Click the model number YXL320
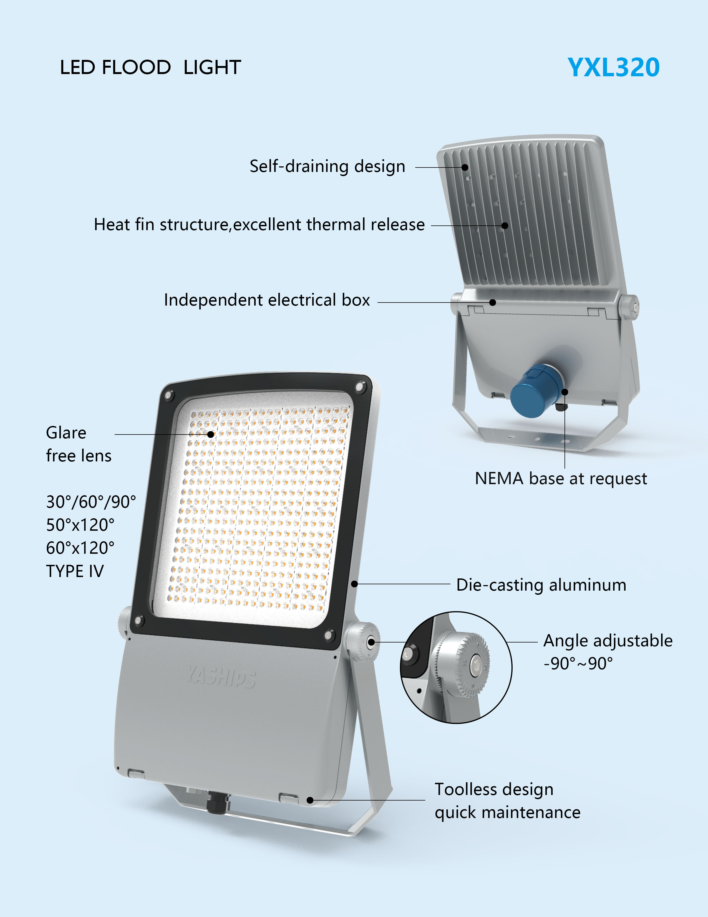[x=613, y=68]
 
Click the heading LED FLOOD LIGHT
[x=150, y=68]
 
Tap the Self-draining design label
[x=327, y=166]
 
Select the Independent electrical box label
[x=267, y=300]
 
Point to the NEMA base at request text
[x=561, y=479]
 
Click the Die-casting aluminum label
[x=541, y=585]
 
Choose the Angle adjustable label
[x=608, y=641]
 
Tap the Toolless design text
[x=494, y=789]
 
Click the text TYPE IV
[x=75, y=571]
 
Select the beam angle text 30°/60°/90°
[x=91, y=502]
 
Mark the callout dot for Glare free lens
[x=210, y=435]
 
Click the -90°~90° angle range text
[x=578, y=664]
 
